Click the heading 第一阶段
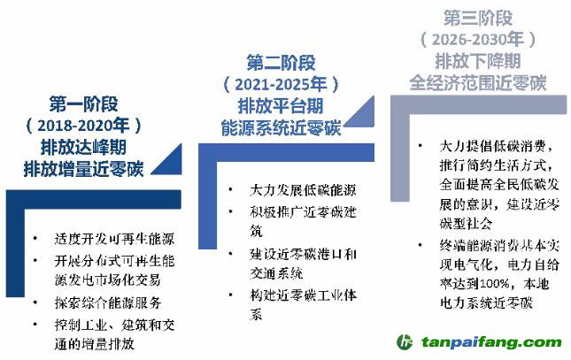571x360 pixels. [84, 104]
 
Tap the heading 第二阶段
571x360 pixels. [281, 63]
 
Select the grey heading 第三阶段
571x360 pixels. [478, 18]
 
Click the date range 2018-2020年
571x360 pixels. [83, 126]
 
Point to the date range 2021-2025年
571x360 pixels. [281, 84]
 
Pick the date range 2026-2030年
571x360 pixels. [478, 39]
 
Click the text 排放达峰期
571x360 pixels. [83, 147]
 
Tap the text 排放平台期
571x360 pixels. [281, 106]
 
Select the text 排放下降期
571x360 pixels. [478, 60]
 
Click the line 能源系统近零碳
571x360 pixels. [281, 127]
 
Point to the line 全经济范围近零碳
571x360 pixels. [478, 82]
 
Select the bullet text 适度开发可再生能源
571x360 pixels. [114, 239]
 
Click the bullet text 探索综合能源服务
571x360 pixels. [108, 303]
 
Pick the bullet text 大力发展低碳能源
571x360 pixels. [303, 190]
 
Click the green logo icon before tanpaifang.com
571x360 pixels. [405, 342]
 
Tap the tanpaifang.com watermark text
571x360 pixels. [491, 342]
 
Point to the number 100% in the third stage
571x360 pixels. [495, 284]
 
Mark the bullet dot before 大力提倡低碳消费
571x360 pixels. [421, 146]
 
